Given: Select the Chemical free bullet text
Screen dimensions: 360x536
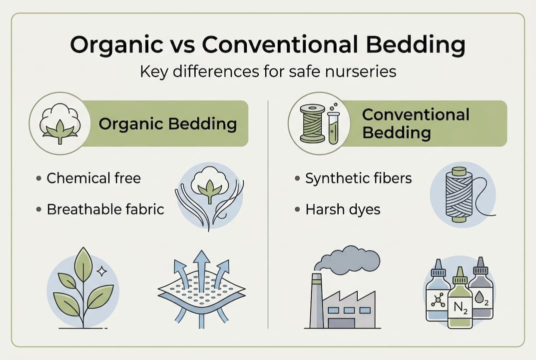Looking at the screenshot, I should point(93,178).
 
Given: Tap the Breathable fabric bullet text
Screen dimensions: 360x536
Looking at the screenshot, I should point(105,209).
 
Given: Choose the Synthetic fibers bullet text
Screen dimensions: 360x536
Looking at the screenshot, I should point(358,178).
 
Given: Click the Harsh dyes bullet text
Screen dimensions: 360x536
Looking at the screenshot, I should point(343,209).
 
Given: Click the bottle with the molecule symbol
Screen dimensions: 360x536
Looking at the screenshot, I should point(438,295).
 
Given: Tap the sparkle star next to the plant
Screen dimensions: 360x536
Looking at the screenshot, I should point(102,270).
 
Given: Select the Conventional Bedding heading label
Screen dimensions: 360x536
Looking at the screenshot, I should point(416,123).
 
